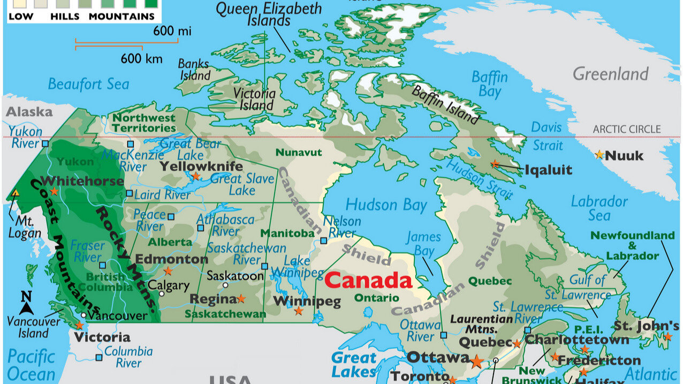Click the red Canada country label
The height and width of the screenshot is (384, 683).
tap(368, 280)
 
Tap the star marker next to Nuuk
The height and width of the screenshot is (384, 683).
tap(599, 155)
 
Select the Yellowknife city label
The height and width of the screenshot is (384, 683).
tap(201, 166)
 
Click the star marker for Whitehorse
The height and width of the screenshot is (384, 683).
tap(54, 191)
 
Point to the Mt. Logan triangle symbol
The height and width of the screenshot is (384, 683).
tap(15, 193)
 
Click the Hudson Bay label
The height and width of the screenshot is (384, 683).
tap(386, 205)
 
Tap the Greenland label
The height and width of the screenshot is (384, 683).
tap(610, 74)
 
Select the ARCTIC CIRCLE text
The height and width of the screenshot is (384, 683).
tap(626, 129)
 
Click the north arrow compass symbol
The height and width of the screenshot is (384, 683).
tap(26, 304)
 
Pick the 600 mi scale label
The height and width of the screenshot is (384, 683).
tap(172, 31)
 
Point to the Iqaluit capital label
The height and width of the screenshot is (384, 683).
tap(548, 170)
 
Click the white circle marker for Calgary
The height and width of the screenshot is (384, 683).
tap(162, 293)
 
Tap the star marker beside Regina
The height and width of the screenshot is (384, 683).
tap(241, 298)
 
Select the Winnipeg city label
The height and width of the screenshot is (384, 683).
tap(307, 301)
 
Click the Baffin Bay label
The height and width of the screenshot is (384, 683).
tap(489, 84)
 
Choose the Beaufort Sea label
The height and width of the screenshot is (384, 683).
tap(88, 84)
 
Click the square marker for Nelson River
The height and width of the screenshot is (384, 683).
tap(323, 240)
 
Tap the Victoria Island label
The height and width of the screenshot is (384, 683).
tap(255, 99)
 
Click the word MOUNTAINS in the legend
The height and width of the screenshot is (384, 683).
tap(122, 16)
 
